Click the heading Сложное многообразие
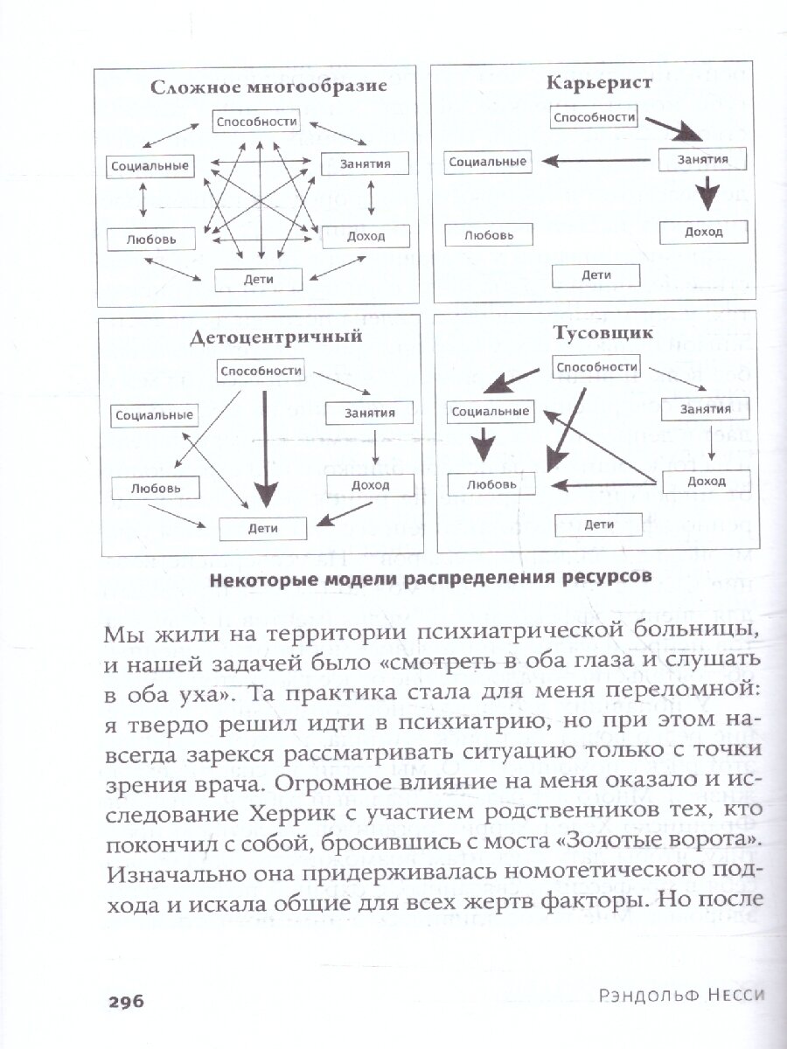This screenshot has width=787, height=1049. pyautogui.click(x=268, y=87)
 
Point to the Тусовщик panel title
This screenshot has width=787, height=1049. pyautogui.click(x=600, y=332)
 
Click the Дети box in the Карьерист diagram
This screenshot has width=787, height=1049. pyautogui.click(x=595, y=275)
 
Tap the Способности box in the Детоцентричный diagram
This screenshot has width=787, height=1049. pyautogui.click(x=261, y=371)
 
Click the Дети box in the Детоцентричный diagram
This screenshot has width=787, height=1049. pyautogui.click(x=262, y=528)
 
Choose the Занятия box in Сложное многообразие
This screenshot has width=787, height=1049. pyautogui.click(x=355, y=163)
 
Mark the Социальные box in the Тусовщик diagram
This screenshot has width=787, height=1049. pyautogui.click(x=490, y=411)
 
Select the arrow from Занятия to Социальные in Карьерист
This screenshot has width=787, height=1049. pyautogui.click(x=596, y=160)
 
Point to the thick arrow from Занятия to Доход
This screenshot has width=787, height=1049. pyautogui.click(x=705, y=194)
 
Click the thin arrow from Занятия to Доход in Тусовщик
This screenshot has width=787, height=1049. pyautogui.click(x=713, y=443)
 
